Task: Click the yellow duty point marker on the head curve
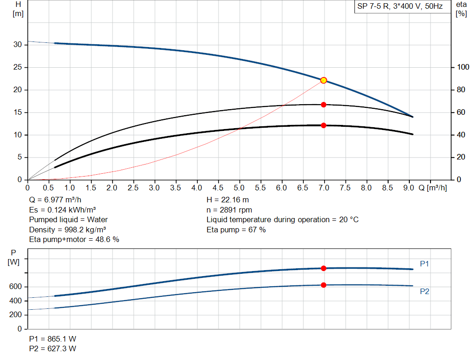(324, 80)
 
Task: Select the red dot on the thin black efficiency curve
(324, 105)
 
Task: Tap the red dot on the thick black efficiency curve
(324, 125)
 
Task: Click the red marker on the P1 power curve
(324, 268)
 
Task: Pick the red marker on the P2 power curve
(324, 285)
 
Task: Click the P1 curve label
(425, 264)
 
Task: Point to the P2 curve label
(425, 291)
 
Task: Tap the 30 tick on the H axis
(18, 45)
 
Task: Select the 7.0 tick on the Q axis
(324, 188)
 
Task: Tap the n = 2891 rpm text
(229, 210)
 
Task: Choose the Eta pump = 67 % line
(236, 230)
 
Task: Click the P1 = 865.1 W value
(53, 339)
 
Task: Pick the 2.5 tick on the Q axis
(134, 188)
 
